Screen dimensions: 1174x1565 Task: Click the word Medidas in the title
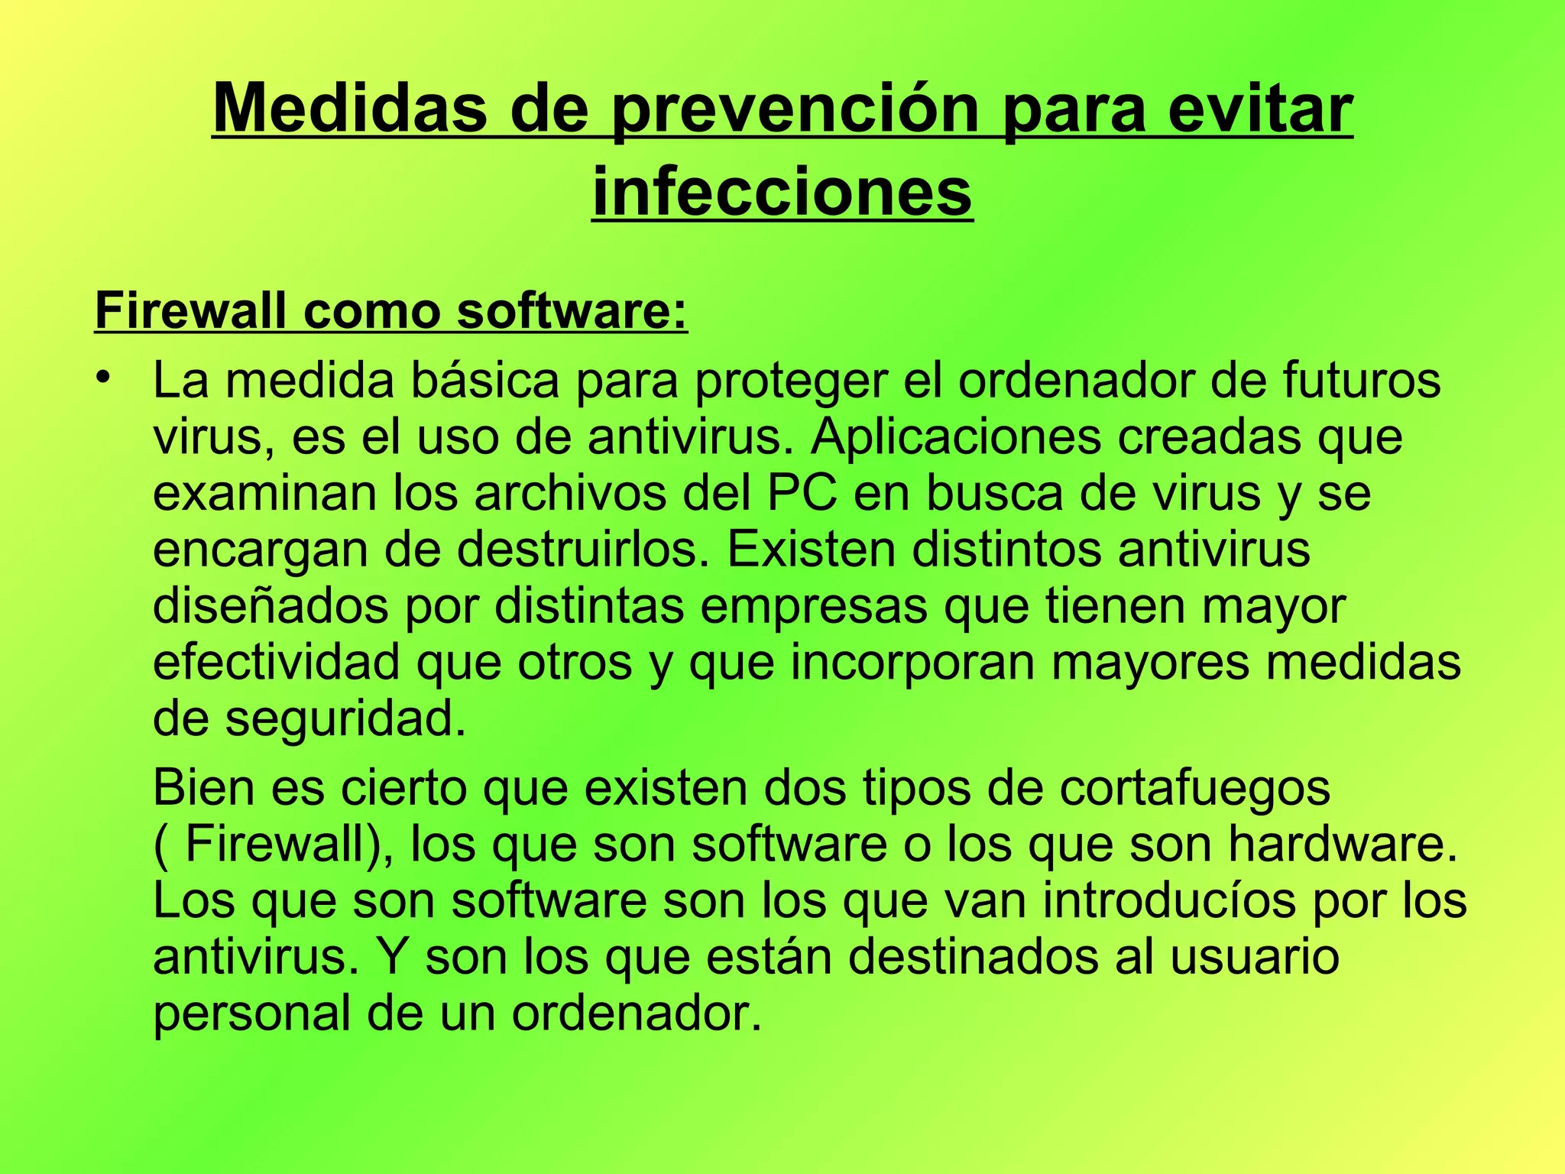[348, 109]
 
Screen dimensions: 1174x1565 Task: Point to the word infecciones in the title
[782, 190]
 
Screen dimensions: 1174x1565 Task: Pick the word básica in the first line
[485, 380]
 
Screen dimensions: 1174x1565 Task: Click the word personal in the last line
[252, 1014]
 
